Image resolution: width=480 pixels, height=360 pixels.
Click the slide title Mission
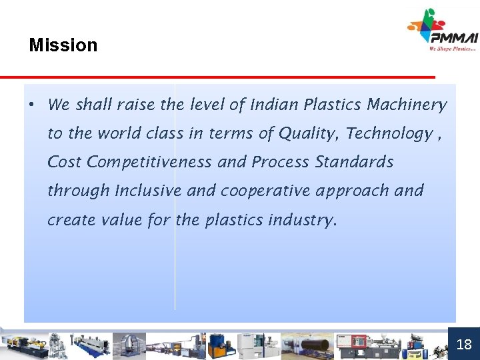(x=63, y=45)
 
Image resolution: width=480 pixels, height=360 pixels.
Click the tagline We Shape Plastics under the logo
(x=453, y=48)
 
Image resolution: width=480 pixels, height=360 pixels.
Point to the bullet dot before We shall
(x=31, y=105)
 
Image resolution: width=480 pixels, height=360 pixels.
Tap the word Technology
(x=389, y=133)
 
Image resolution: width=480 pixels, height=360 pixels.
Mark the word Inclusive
(x=148, y=191)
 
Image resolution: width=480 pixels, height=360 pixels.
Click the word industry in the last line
(x=301, y=219)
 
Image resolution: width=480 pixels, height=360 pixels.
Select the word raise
(x=135, y=105)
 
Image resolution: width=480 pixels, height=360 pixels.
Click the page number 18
(x=464, y=345)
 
